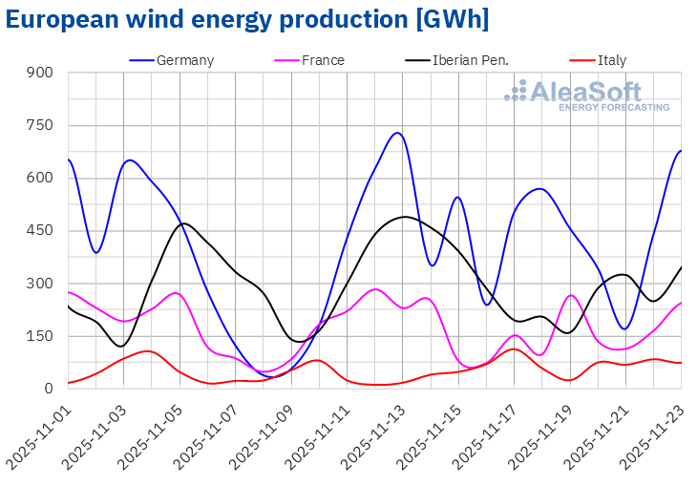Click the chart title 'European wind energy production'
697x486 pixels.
(x=247, y=19)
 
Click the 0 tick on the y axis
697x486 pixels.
(x=49, y=389)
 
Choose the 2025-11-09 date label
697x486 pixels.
(x=263, y=434)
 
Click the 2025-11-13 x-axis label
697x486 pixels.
(x=374, y=434)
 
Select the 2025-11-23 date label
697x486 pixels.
(x=653, y=434)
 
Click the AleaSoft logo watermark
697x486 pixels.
(x=587, y=96)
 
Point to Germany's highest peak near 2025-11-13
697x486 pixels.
(x=397, y=133)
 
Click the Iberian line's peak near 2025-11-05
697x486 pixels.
(x=183, y=223)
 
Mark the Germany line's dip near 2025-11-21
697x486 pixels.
(x=625, y=329)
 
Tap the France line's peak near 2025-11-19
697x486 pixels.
(x=570, y=295)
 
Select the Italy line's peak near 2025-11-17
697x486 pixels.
(x=514, y=349)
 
